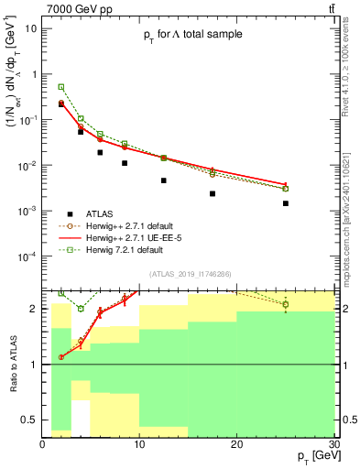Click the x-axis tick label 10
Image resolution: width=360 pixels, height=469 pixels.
pos(139,442)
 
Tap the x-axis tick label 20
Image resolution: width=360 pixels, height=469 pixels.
pos(236,442)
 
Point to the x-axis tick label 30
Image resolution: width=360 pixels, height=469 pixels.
pos(332,442)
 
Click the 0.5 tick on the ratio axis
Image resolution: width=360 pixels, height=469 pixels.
pos(31,421)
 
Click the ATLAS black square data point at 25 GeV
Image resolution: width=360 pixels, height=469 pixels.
pos(286,203)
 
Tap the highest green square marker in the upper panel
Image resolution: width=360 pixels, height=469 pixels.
pos(61,87)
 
